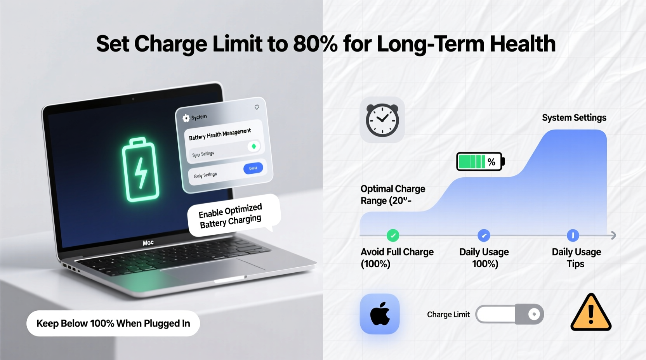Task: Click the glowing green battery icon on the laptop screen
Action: tap(141, 169)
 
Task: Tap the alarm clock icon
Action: tap(382, 120)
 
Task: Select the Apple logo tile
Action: tap(380, 314)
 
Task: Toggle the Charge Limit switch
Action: tap(509, 314)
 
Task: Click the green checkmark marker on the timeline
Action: tap(393, 235)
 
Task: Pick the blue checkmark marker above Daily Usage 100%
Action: tap(484, 235)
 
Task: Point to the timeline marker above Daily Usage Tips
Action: tap(573, 235)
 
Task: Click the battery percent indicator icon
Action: tap(480, 161)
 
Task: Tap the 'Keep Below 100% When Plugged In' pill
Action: tap(113, 323)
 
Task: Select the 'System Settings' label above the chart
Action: tap(574, 118)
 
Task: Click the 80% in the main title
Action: tap(315, 44)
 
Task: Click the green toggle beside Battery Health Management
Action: tap(254, 146)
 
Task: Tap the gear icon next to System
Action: tap(186, 118)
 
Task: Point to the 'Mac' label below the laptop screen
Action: tap(148, 243)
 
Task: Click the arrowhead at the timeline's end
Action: tap(613, 235)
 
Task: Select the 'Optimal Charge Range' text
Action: tap(392, 194)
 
